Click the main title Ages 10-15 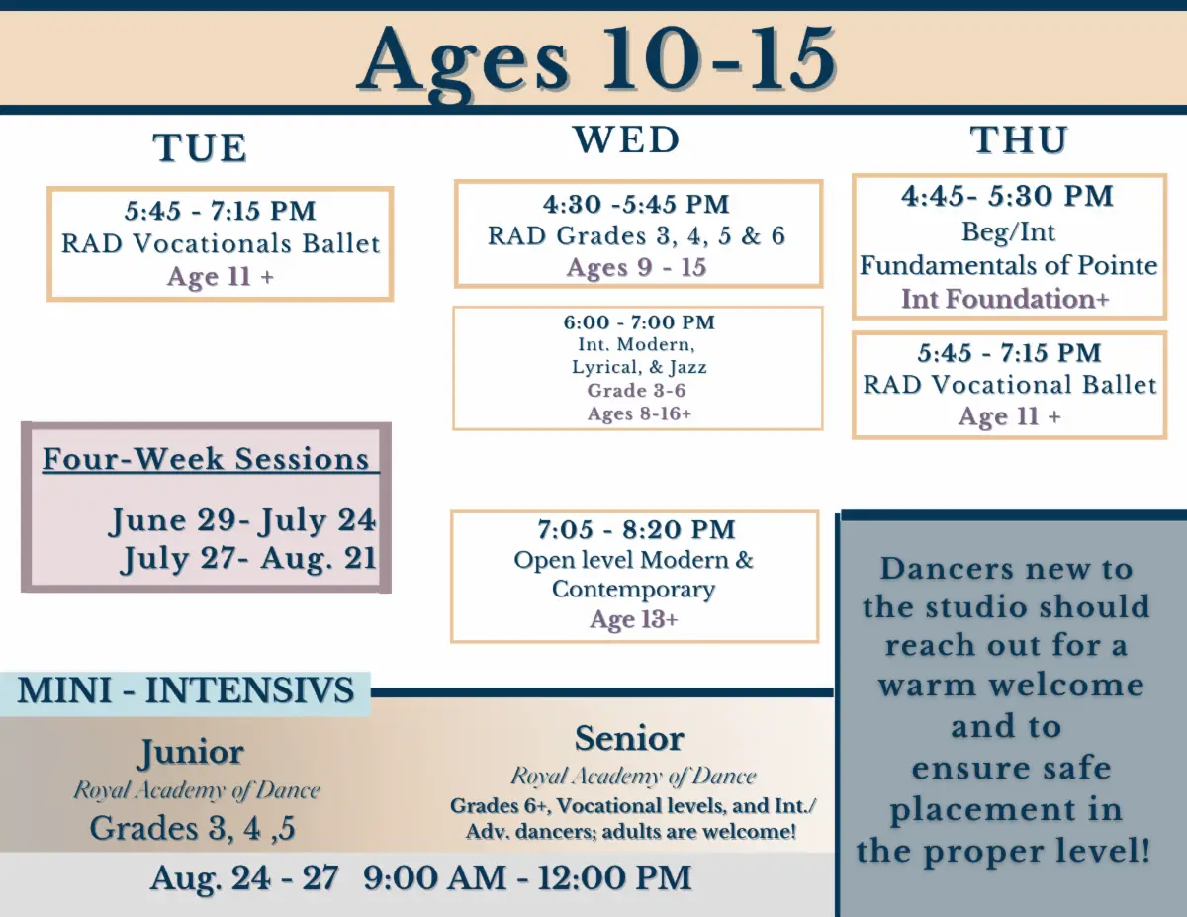tap(596, 61)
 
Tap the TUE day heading tap(200, 147)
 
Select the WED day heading tap(626, 139)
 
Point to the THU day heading tap(1019, 140)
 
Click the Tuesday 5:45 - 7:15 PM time tap(221, 211)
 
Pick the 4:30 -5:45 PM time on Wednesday tap(636, 204)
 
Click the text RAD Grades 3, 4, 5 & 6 tap(636, 236)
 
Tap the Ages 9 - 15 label tap(636, 268)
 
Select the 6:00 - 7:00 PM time tap(639, 322)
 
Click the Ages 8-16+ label tap(639, 413)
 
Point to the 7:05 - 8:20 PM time tap(636, 530)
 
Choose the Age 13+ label tap(634, 620)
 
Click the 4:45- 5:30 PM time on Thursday tap(1008, 196)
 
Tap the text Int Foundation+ tap(1005, 299)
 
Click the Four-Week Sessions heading tap(206, 459)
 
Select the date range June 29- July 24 tap(242, 520)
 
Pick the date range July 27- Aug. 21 tap(248, 559)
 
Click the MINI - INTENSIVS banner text tap(186, 689)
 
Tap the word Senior tap(629, 738)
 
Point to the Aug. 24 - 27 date tap(244, 878)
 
